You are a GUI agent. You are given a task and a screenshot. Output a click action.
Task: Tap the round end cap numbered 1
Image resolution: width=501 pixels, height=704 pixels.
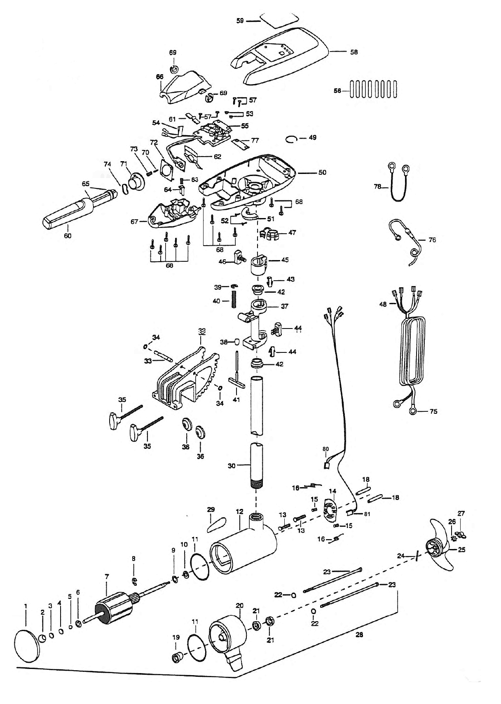click(27, 643)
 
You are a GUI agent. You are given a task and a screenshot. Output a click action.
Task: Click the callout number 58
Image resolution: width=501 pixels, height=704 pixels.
click(354, 52)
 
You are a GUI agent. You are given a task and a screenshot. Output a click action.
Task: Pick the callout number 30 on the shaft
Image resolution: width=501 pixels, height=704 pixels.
click(232, 466)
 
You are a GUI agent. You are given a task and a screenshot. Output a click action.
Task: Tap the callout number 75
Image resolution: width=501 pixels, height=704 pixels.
click(433, 411)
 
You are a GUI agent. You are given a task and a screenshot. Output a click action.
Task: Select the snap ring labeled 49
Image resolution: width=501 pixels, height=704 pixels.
click(292, 139)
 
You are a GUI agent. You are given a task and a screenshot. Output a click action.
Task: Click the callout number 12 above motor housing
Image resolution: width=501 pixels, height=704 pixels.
click(239, 512)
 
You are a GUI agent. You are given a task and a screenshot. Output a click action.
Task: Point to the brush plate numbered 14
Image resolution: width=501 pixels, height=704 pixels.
click(330, 512)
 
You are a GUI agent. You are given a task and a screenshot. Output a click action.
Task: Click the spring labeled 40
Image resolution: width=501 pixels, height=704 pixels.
click(234, 300)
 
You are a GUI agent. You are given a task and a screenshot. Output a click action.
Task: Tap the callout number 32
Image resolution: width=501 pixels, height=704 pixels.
click(202, 331)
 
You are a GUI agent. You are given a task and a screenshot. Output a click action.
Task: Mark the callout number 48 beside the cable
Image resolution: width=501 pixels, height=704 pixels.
click(383, 304)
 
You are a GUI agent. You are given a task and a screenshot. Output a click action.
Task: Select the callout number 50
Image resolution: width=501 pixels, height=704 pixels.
click(322, 173)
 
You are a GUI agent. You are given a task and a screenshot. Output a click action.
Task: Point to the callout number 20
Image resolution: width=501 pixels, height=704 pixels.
click(240, 605)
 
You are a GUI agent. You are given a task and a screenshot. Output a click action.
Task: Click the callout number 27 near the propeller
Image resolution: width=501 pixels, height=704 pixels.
click(461, 514)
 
